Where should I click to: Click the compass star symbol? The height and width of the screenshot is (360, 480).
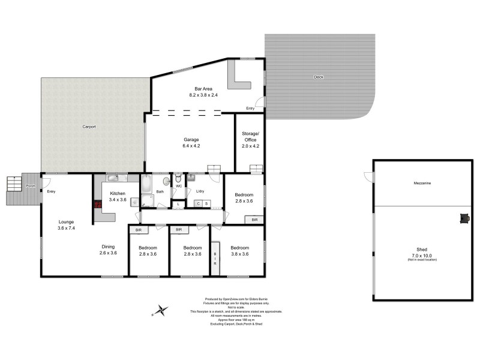pyautogui.click(x=160, y=310)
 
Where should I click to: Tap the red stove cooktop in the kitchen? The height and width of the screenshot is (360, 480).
pyautogui.click(x=97, y=205)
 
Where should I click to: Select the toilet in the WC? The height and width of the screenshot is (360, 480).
pyautogui.click(x=178, y=179)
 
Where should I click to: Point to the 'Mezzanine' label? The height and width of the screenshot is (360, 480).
pyautogui.click(x=422, y=183)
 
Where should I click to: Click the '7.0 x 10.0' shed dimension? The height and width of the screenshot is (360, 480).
pyautogui.click(x=422, y=255)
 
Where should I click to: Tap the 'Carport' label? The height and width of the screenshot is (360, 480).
pyautogui.click(x=89, y=127)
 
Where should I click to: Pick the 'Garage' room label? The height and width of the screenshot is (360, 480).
pyautogui.click(x=191, y=139)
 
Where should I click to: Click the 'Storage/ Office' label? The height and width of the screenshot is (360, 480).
pyautogui.click(x=250, y=136)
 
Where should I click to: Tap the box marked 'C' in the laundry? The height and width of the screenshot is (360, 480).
pyautogui.click(x=198, y=204)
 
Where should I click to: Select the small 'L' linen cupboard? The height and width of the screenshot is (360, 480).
pyautogui.click(x=178, y=205)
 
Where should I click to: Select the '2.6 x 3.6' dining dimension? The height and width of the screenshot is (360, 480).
pyautogui.click(x=107, y=253)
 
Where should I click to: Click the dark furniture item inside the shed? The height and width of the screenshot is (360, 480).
pyautogui.click(x=464, y=219)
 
